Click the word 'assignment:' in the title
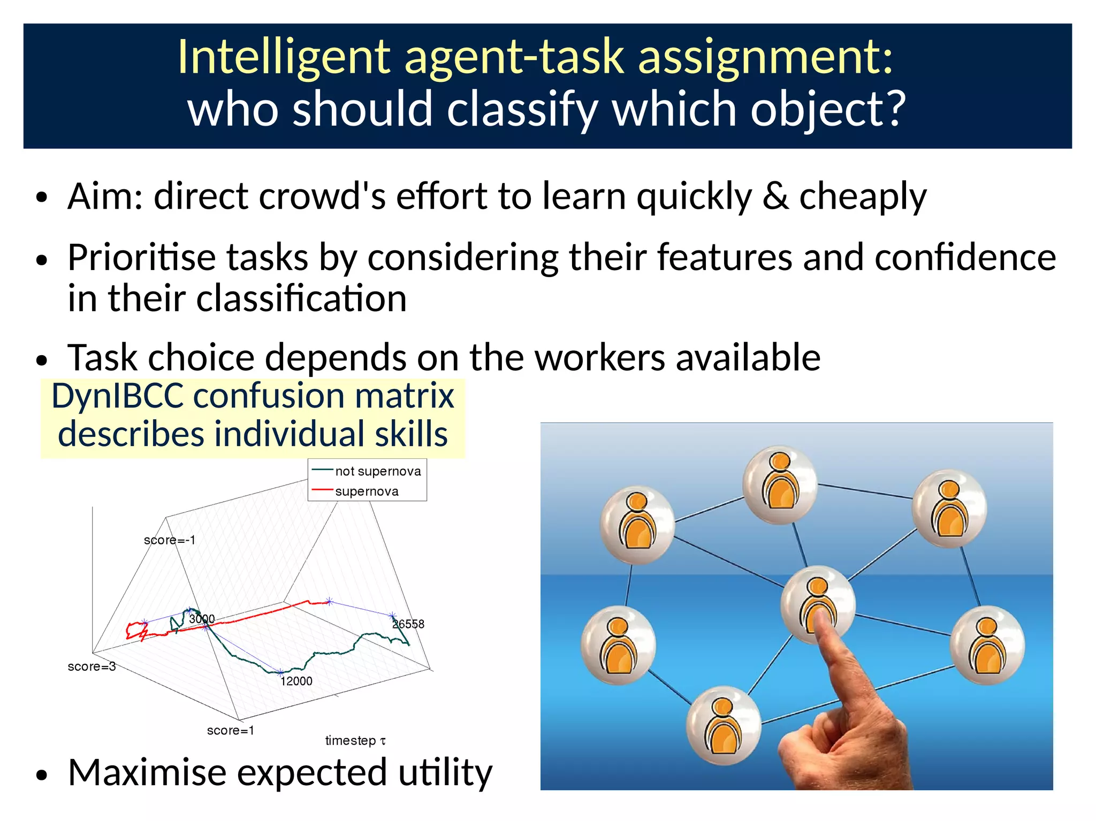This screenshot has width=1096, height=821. point(765,58)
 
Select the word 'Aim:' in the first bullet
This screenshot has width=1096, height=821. point(105,196)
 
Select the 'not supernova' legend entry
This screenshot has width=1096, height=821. point(377,471)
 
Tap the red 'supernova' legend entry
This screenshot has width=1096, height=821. point(366,491)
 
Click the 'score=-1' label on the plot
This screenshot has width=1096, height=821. point(170,540)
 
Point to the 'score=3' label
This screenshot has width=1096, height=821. point(92,666)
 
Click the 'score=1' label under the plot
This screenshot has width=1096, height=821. point(230,731)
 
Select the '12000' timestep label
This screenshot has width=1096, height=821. point(296,681)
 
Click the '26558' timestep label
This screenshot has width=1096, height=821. point(408,624)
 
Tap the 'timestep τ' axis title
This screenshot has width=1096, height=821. point(355,741)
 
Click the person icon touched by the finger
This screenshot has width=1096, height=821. point(817,602)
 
